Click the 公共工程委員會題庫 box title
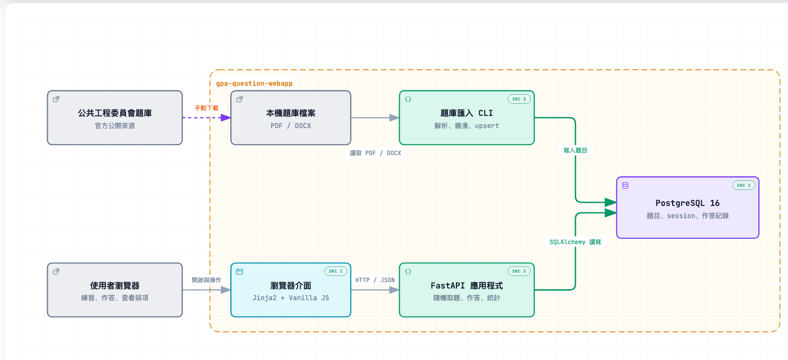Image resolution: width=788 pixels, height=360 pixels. [x=115, y=113]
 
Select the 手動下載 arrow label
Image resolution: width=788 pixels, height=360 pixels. [x=207, y=108]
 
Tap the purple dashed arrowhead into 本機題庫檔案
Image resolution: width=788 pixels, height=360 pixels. [x=226, y=118]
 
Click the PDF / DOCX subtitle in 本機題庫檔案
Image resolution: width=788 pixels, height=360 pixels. [x=291, y=126]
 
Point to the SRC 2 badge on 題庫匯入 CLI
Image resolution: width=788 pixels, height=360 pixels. [x=519, y=99]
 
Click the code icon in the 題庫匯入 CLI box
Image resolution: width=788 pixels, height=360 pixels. [x=408, y=100]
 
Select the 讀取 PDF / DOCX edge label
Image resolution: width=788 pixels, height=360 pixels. [x=375, y=153]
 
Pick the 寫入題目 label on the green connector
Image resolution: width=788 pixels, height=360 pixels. [x=576, y=150]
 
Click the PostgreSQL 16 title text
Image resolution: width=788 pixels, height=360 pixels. [x=687, y=203]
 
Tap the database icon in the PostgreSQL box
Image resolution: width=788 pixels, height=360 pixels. [x=625, y=186]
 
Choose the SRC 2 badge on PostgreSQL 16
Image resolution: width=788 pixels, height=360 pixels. [x=744, y=185]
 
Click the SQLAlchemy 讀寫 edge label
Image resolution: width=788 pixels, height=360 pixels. [x=576, y=242]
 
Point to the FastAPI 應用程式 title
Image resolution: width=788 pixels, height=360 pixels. [x=467, y=285]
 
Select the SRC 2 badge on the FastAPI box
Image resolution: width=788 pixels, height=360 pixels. [x=519, y=271]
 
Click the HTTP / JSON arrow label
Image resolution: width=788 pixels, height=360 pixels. [x=375, y=280]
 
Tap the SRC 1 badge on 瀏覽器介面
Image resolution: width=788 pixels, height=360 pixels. [x=336, y=271]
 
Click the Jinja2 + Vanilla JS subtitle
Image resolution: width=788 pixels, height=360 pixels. [x=291, y=298]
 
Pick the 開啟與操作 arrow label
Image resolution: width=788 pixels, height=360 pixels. [x=207, y=280]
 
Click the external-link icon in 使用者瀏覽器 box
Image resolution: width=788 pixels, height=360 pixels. [x=56, y=272]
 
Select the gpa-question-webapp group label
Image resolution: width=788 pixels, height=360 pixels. [x=254, y=83]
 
